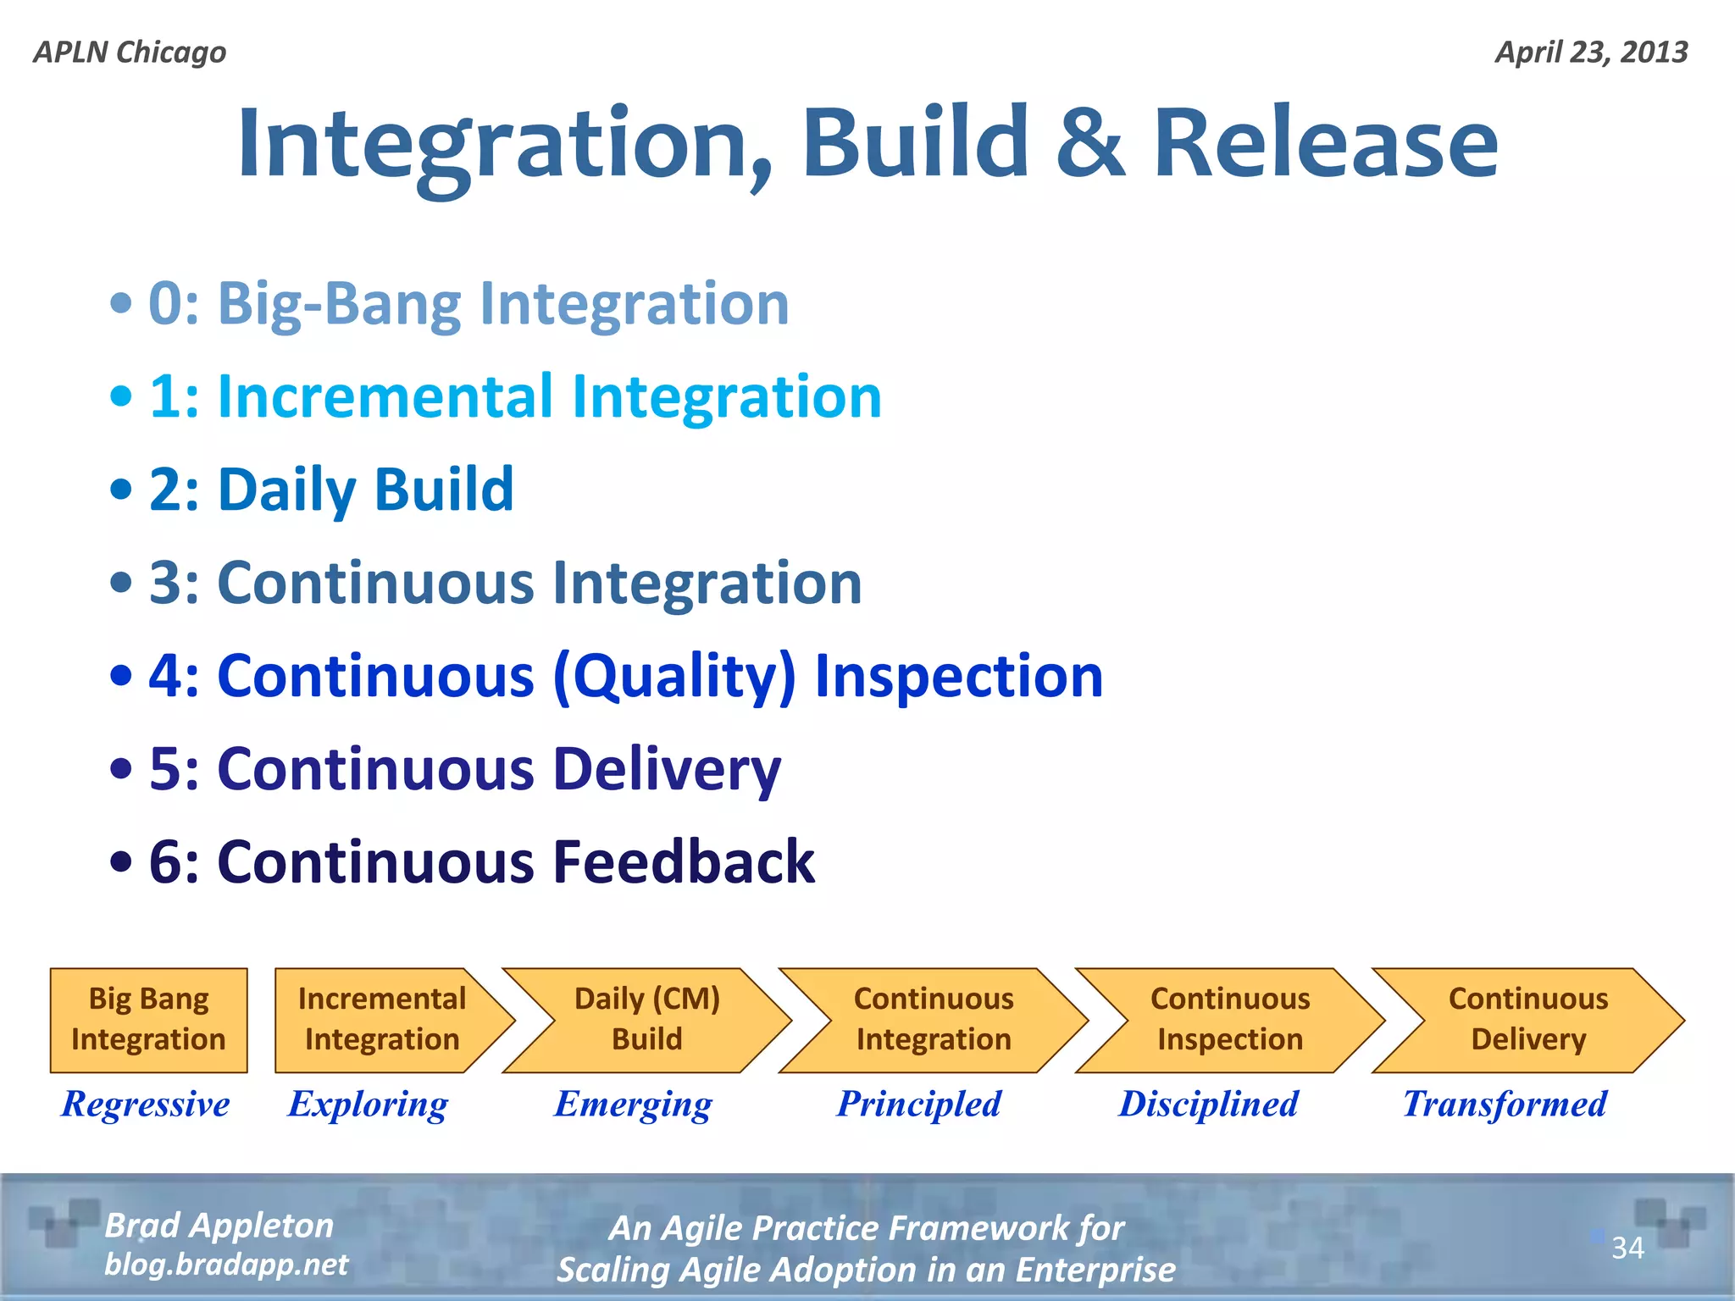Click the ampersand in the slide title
[x=1091, y=144]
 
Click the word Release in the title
[x=1326, y=144]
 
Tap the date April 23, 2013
[x=1591, y=53]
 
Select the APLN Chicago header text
[x=130, y=53]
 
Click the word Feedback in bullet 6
[x=684, y=862]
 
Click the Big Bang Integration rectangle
[x=149, y=1020]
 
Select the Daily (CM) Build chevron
[x=647, y=1020]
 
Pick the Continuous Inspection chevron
[x=1230, y=1020]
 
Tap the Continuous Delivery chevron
[x=1528, y=1020]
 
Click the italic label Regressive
[x=146, y=1104]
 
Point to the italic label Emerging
[x=634, y=1104]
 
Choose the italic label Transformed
[x=1505, y=1104]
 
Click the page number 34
[x=1627, y=1248]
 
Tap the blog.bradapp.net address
[x=226, y=1265]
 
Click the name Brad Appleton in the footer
[x=219, y=1226]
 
